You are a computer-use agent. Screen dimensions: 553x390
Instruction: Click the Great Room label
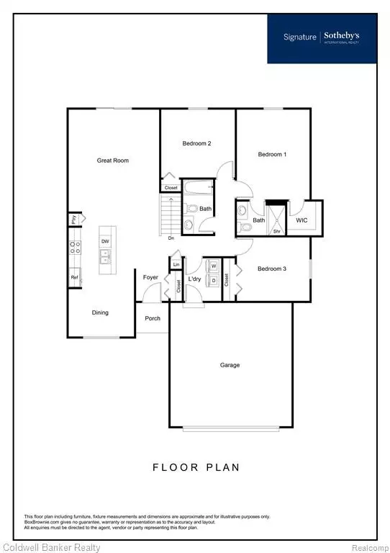113,161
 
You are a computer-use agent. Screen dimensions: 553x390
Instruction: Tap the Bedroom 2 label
196,144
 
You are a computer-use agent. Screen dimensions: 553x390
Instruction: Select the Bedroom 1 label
272,155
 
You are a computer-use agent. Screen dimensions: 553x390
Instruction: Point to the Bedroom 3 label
272,269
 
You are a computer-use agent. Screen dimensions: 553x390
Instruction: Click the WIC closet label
302,220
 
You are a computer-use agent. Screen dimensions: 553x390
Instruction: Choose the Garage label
230,365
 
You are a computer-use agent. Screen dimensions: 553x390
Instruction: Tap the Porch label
152,319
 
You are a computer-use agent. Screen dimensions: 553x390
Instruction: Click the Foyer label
150,277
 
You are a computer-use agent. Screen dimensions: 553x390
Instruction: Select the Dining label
100,313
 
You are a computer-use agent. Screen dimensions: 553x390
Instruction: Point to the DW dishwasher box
105,241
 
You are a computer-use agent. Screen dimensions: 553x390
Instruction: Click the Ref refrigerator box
74,277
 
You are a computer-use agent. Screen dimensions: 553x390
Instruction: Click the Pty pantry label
73,219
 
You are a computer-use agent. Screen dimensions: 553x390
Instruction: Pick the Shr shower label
276,232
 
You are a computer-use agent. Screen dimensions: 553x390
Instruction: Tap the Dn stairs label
171,238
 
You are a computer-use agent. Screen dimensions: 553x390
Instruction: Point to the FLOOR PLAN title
195,467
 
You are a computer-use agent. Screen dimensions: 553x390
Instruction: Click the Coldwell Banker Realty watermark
51,548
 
